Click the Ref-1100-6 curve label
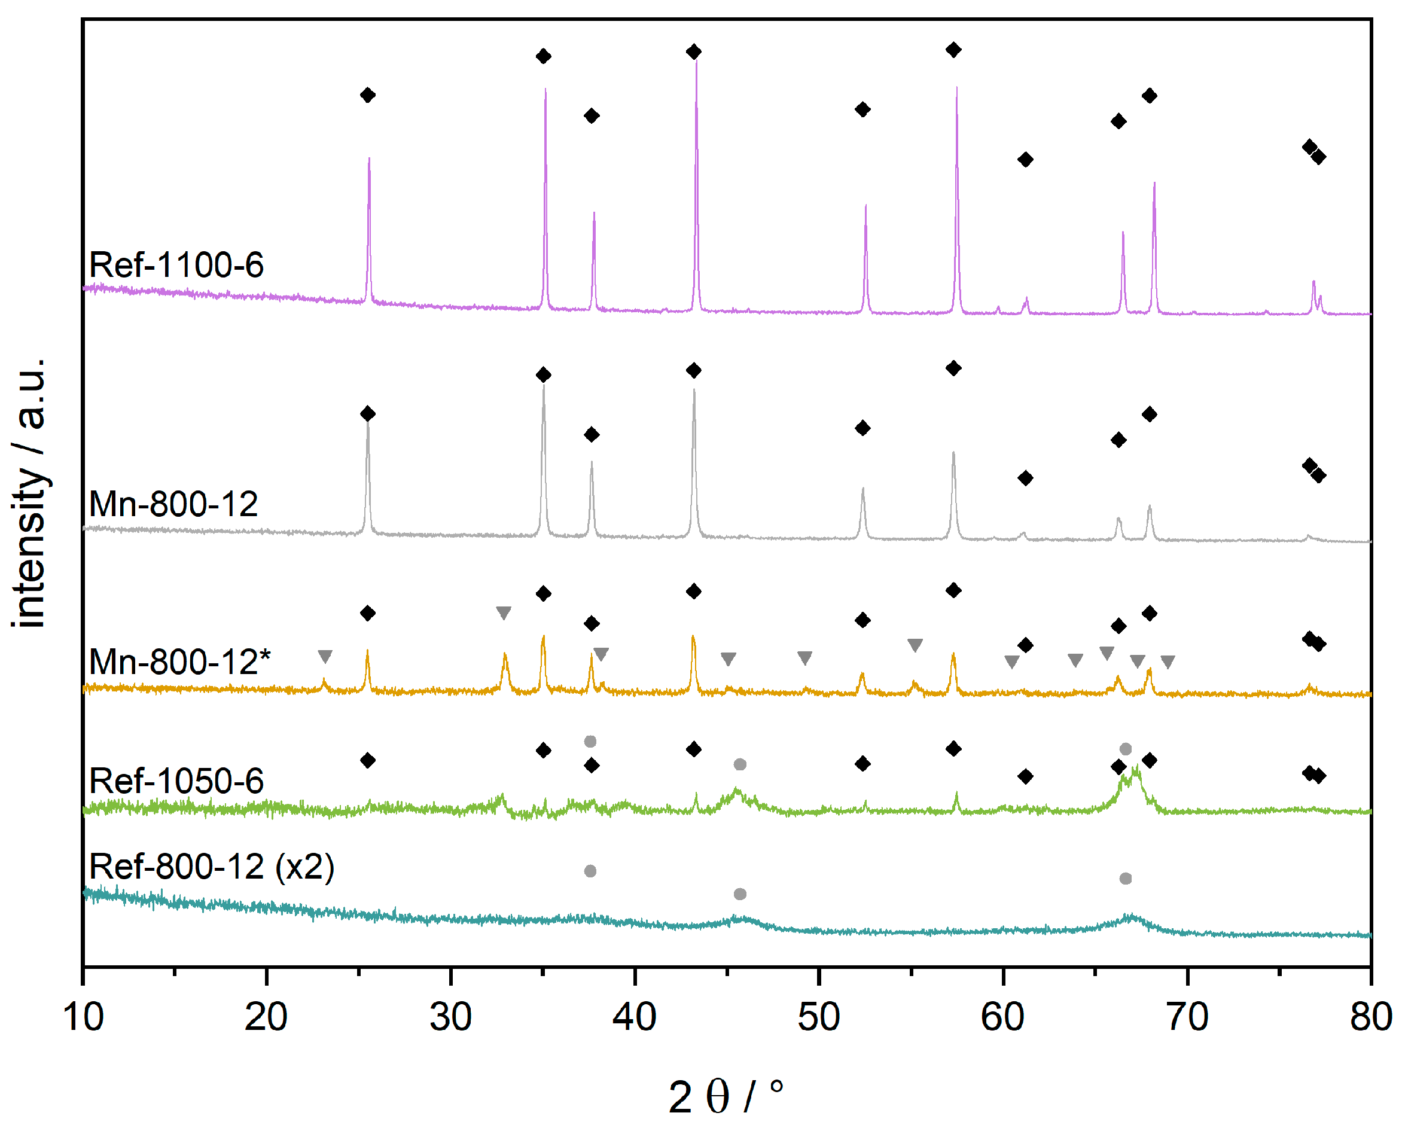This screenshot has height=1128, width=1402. tap(176, 266)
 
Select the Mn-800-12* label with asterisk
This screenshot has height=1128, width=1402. tap(179, 663)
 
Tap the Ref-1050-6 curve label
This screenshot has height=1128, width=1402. tap(176, 781)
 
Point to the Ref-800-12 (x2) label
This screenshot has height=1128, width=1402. tap(211, 867)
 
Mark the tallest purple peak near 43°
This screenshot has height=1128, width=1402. tap(696, 65)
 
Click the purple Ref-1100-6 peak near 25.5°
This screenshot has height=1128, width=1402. tap(370, 160)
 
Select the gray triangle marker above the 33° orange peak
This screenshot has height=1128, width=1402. tap(503, 612)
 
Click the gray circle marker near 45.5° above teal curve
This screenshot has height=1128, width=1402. tap(740, 894)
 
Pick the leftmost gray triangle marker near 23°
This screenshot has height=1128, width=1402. tap(325, 657)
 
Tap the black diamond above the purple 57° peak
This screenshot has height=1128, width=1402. tap(953, 50)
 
